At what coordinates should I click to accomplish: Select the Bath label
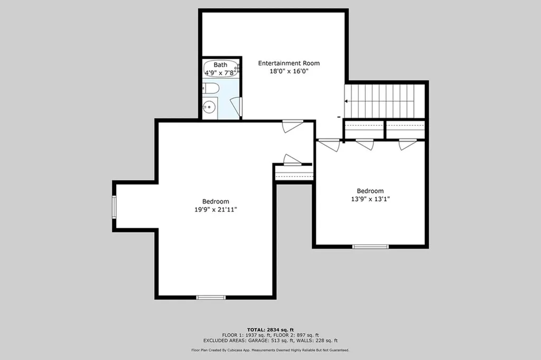pos(220,64)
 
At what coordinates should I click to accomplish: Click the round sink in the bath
pos(209,107)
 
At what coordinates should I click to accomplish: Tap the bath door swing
pos(236,107)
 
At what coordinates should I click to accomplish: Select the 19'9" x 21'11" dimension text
pos(216,210)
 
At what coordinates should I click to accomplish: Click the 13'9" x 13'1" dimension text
pos(370,199)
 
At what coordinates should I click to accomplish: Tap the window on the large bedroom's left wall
pos(114,207)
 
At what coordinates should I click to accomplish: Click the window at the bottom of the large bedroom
pos(211,297)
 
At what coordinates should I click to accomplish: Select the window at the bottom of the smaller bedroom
pos(370,246)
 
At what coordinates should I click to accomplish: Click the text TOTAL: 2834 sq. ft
pos(270,330)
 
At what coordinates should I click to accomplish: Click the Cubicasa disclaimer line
pos(270,350)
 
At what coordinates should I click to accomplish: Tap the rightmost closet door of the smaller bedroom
pos(407,144)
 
